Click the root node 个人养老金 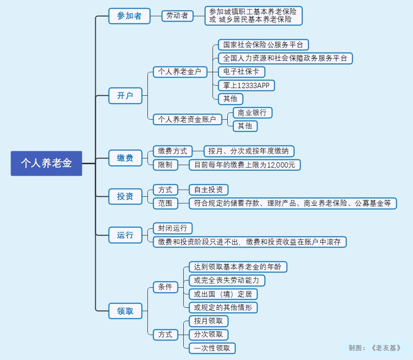pos(46,163)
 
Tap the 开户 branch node pos(125,96)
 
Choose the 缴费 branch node pos(125,158)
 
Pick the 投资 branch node pos(125,196)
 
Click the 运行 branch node pos(125,235)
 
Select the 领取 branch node pos(125,311)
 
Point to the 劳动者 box pos(177,16)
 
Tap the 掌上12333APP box pos(246,86)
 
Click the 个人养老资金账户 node pos(187,119)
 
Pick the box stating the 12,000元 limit pos(245,165)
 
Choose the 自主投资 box pos(208,190)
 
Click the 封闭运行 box pos(172,228)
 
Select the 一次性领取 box pos(212,348)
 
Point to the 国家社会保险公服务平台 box pos(263,45)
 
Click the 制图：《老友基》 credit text pos(375,348)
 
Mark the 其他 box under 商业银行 pos(245,126)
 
